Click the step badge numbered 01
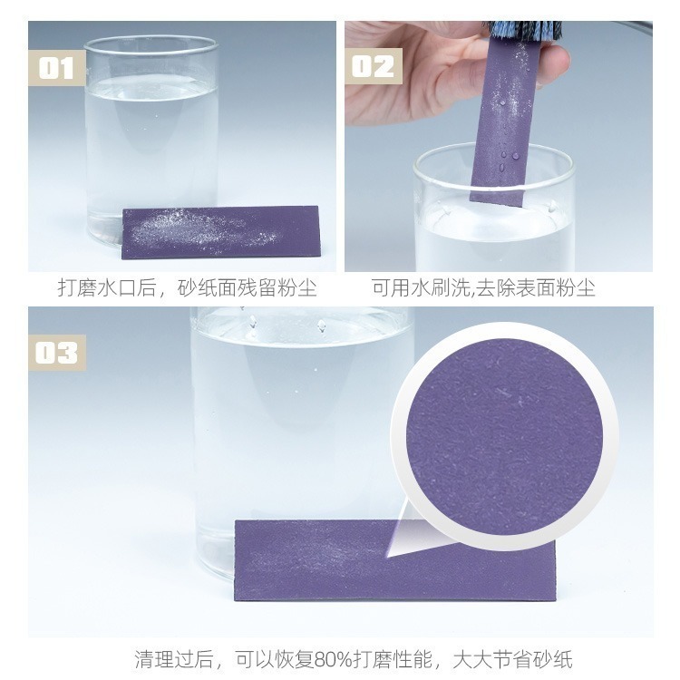pyautogui.click(x=56, y=68)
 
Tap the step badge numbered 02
pyautogui.click(x=373, y=66)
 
